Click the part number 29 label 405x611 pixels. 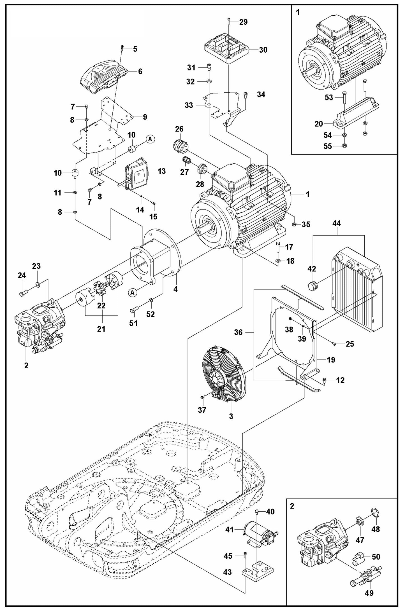coord(243,22)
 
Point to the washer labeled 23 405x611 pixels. coord(38,285)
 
